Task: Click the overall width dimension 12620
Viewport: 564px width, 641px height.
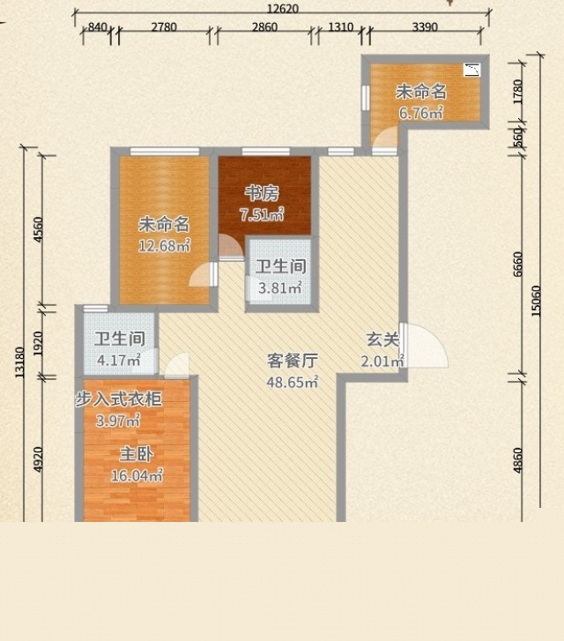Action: point(283,8)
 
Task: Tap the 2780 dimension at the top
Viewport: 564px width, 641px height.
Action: point(164,27)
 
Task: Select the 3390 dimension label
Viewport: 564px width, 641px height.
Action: point(425,27)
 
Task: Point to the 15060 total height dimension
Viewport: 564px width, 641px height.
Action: point(536,301)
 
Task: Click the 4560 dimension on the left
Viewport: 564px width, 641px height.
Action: point(38,230)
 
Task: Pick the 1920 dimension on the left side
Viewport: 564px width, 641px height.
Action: point(38,343)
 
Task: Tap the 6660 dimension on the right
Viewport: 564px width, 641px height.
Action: point(517,265)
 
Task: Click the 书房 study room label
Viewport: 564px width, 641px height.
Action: point(262,192)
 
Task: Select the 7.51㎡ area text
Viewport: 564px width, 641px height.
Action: point(262,214)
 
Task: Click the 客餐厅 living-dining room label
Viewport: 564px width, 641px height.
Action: point(293,361)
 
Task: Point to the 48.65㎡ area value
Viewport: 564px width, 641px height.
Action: point(293,383)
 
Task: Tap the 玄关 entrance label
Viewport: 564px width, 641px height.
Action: point(382,339)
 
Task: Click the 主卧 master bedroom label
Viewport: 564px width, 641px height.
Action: point(137,454)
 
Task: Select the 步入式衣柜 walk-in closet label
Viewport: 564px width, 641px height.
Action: point(118,399)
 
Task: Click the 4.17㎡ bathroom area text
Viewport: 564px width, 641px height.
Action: point(119,361)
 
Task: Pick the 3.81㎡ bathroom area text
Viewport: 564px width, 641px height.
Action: point(280,287)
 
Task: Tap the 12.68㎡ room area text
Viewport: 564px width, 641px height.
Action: point(164,245)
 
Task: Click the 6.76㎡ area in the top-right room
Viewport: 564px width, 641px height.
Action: point(421,113)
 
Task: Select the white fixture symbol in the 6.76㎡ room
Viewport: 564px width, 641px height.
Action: point(471,70)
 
